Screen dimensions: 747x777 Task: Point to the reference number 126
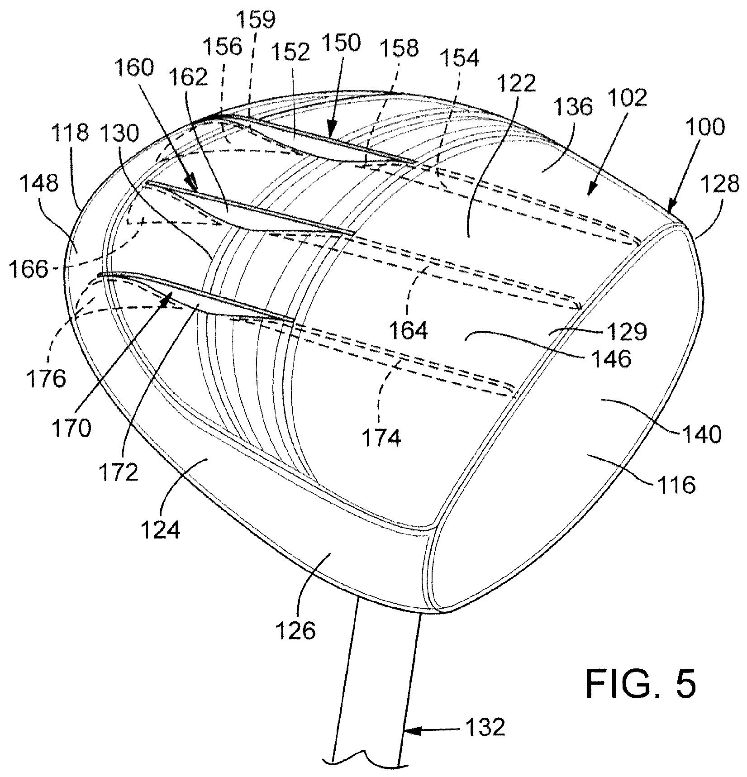pos(295,629)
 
